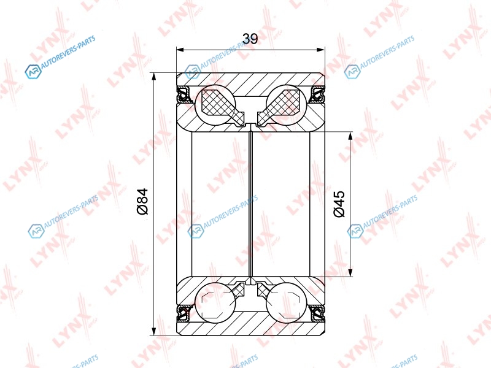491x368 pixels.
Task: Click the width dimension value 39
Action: tap(250, 39)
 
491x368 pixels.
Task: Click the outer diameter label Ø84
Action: tap(142, 202)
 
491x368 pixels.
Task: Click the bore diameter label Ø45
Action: tap(339, 204)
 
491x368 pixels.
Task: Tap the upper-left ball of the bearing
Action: tap(215, 105)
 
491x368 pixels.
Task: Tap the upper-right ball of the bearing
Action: tap(286, 105)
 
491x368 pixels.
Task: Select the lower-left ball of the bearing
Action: tap(215, 302)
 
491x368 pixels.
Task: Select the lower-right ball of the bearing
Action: tap(286, 302)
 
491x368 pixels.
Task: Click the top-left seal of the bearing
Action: tap(185, 94)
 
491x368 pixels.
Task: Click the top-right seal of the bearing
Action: tap(317, 94)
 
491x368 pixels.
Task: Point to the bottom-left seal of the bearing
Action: tap(185, 313)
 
